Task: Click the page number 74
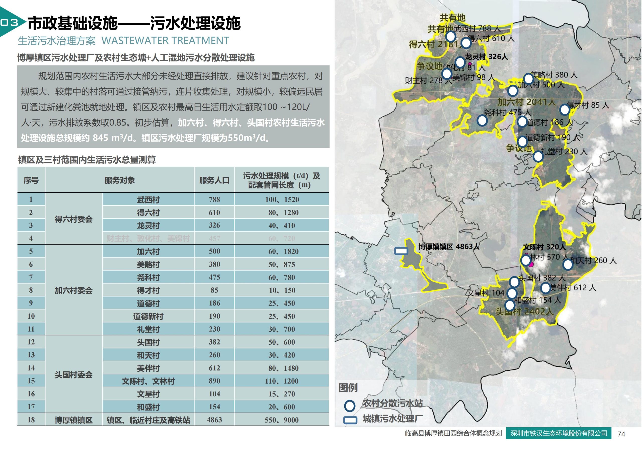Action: (621, 434)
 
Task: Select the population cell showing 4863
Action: (214, 420)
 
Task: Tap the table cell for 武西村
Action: (148, 199)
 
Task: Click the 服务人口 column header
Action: (214, 180)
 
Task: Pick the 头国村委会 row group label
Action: (73, 375)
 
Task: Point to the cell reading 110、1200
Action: (282, 381)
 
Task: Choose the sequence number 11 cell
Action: (31, 329)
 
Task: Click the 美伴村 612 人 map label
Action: (573, 288)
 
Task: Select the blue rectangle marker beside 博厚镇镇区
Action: (401, 251)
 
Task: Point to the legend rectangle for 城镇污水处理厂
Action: (350, 420)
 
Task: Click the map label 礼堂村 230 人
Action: (564, 152)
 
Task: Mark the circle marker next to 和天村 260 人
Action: (568, 264)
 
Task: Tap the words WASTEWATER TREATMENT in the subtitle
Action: (165, 41)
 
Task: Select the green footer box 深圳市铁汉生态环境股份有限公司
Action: (559, 433)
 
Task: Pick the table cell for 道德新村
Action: (148, 316)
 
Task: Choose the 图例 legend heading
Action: (348, 388)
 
